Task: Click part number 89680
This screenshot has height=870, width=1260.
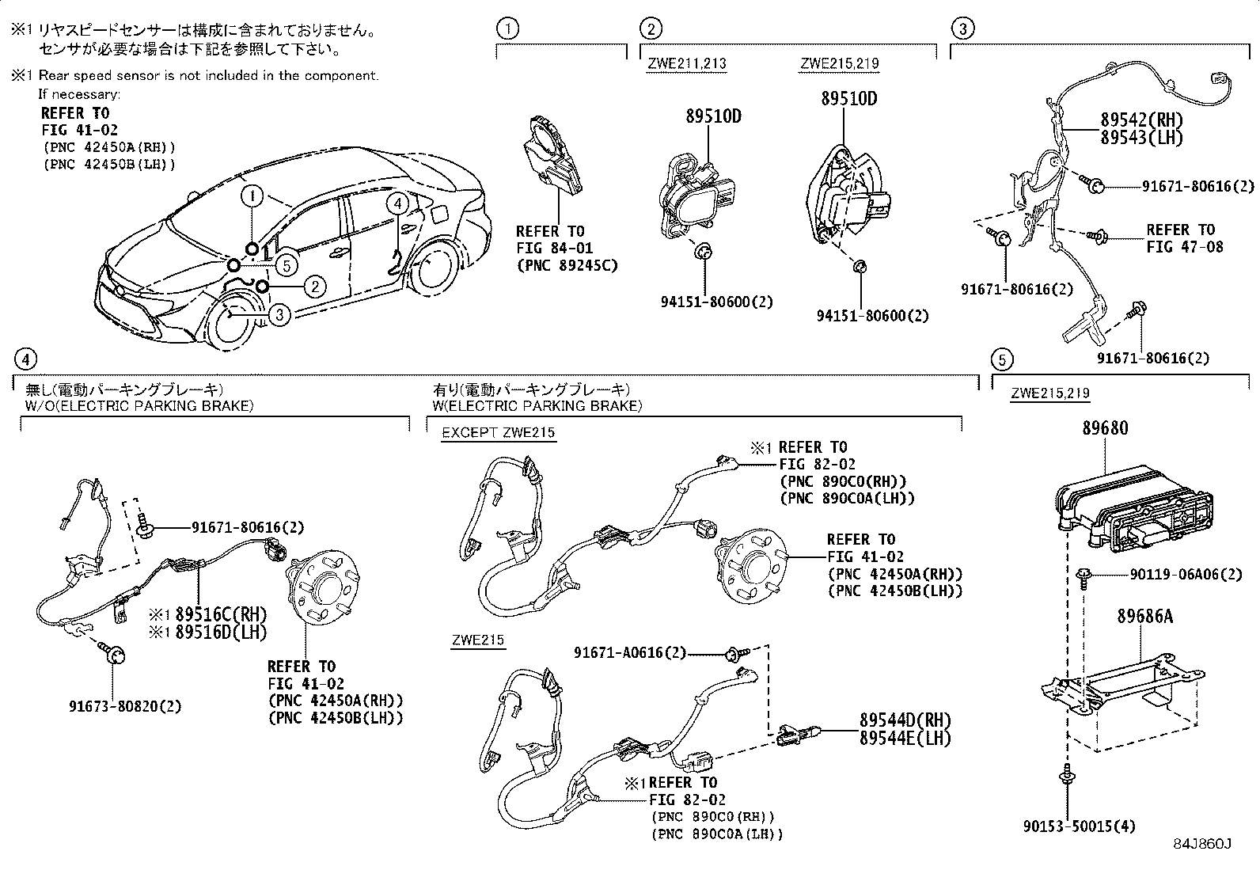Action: point(1105,428)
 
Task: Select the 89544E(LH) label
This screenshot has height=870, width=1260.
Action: point(905,738)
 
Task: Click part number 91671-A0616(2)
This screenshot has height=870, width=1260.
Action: point(629,652)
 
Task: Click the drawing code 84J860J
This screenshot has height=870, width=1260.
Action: point(1203,845)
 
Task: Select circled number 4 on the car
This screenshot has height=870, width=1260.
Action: point(397,203)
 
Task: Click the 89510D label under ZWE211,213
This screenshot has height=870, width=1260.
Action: point(713,116)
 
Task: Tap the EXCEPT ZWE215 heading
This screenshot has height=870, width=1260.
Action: point(498,432)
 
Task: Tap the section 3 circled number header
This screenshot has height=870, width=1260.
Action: point(962,30)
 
